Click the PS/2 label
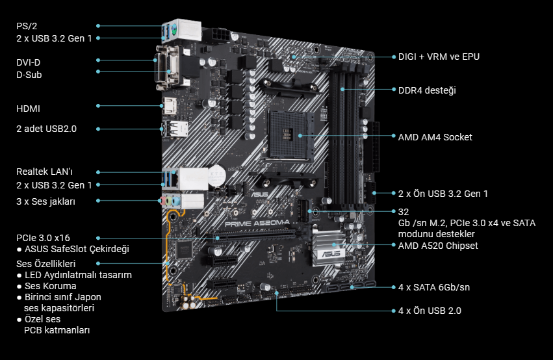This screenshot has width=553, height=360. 27,26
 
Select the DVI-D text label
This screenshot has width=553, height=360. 28,62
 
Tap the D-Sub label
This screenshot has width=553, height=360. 29,75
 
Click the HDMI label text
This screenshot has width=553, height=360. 28,109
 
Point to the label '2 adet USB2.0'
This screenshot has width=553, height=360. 46,129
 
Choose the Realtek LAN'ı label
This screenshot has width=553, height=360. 44,172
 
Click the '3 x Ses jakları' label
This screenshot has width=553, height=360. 46,201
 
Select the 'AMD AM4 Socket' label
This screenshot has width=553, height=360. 435,137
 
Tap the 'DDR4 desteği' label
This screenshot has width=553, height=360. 427,90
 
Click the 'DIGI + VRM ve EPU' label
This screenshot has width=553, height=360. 439,57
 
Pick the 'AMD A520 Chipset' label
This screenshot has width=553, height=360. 438,246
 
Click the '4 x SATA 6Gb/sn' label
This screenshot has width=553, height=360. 434,287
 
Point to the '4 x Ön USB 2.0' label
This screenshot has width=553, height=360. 430,311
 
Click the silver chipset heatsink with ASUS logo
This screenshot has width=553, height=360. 329,247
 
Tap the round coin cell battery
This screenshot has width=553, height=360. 216,175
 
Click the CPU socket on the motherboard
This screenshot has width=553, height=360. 290,135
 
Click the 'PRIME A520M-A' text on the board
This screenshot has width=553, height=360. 257,223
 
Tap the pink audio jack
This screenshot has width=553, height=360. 162,201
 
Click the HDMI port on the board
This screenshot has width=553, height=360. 170,105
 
